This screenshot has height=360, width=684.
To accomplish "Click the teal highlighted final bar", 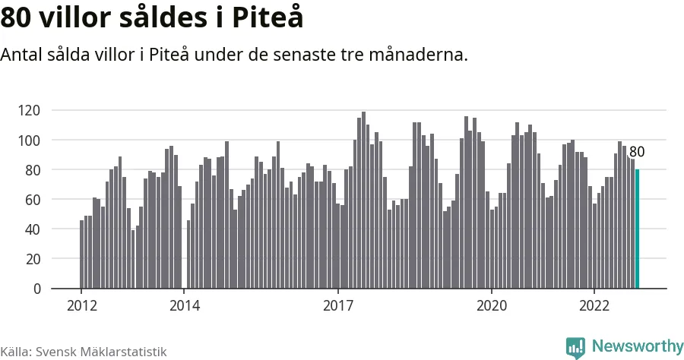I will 637,229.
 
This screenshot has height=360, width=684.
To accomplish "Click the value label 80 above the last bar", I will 637,152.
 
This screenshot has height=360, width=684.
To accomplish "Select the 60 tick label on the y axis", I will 32,200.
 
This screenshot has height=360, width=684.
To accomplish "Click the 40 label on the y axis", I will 32,229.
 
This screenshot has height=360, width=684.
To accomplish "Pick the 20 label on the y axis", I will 32,259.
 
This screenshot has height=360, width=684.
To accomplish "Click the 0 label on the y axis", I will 36,289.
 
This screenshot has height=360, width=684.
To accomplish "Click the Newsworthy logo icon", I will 575,347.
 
